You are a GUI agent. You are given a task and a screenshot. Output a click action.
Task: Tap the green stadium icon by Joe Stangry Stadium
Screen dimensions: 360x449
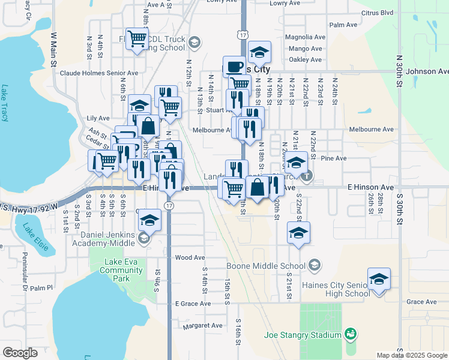point(351,333)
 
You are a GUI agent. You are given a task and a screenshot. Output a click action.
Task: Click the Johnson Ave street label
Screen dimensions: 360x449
point(427,71)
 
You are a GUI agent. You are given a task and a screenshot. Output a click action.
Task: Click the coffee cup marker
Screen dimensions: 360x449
point(234,66)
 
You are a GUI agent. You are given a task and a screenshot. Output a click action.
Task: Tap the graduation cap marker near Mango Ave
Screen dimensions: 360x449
point(259,52)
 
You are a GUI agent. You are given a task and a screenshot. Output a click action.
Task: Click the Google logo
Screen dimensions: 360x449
point(20,353)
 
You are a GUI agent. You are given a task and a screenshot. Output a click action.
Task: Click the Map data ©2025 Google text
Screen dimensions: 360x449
point(411,355)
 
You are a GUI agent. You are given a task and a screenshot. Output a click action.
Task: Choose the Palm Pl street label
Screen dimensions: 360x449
point(42,288)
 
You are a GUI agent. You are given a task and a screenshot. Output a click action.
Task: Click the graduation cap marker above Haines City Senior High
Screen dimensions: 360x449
point(379,279)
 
